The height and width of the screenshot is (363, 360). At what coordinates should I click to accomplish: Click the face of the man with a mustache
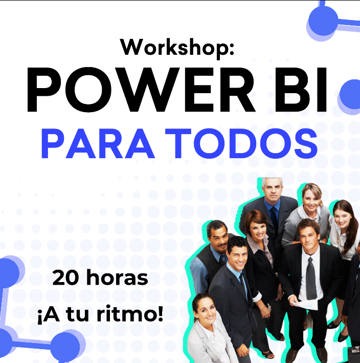pyautogui.click(x=217, y=236)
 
